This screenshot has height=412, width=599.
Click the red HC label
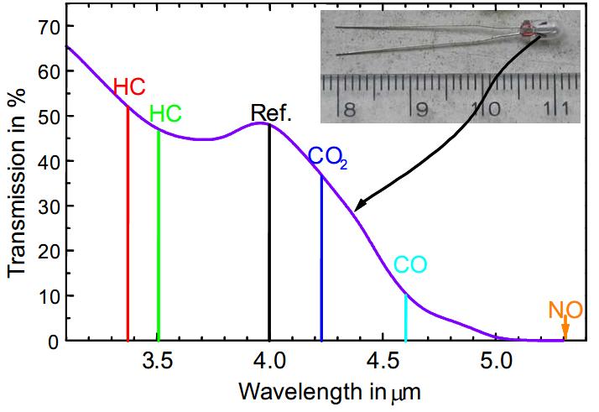129,86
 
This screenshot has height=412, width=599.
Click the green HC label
165,114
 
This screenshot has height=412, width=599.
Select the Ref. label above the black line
271,113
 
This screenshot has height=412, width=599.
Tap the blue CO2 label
327,156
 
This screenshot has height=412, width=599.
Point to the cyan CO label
410,265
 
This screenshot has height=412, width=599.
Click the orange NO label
565,309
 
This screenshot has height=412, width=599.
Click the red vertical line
128,227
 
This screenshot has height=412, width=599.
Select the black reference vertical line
269,235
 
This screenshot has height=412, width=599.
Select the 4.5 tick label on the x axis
382,362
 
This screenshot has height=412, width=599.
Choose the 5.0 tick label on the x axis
495,362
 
